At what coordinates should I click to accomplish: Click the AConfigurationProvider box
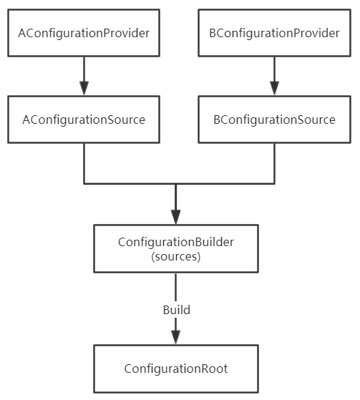coord(84,33)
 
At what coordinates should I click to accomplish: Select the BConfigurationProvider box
coord(273,33)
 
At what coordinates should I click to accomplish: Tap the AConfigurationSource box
coord(84,119)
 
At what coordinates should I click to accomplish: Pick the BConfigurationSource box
coord(273,119)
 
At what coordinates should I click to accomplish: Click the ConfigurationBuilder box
coord(176,248)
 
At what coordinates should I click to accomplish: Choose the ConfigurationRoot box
coord(176,369)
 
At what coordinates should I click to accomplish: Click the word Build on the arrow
coord(176,311)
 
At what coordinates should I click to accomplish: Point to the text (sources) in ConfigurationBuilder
coord(176,256)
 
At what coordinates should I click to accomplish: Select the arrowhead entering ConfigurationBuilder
coord(176,216)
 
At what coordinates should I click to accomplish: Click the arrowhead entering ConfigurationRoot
coord(176,336)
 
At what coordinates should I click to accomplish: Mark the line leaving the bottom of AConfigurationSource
coord(84,163)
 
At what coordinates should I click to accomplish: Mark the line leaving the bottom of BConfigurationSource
coord(273,163)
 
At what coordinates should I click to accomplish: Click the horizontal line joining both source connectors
coord(129,183)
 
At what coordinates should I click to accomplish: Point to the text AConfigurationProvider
coord(84,33)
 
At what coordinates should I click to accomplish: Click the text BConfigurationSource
coord(273,119)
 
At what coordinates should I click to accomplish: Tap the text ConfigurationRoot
coord(176,369)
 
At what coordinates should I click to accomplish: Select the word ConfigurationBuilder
coord(176,242)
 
